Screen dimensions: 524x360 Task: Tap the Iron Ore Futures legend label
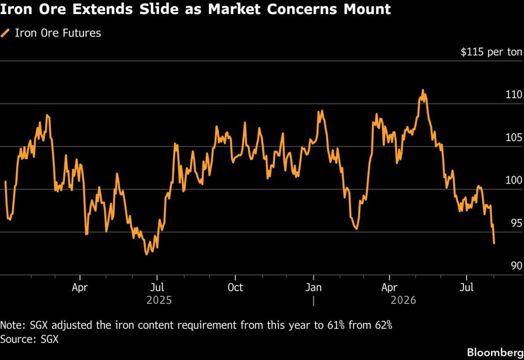(x=58, y=33)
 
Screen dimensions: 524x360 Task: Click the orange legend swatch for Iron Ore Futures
(x=5, y=33)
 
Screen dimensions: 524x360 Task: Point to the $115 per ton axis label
(x=491, y=52)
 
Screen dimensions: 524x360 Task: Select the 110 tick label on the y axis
(x=514, y=94)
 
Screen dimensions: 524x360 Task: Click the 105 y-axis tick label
(x=514, y=137)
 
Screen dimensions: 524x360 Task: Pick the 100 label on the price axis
(x=514, y=180)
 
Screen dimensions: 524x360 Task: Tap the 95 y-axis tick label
(x=517, y=223)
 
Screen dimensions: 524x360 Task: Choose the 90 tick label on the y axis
(x=517, y=266)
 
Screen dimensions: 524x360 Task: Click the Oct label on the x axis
(x=235, y=288)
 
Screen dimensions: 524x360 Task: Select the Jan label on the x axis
(x=313, y=288)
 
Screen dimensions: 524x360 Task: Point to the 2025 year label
(x=159, y=300)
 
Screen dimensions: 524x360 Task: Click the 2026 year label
(x=403, y=300)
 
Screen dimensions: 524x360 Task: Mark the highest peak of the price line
(x=423, y=90)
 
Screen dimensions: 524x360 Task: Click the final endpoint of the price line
(x=494, y=243)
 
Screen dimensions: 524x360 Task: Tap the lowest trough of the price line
(x=147, y=254)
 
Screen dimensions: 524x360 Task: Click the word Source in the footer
(x=18, y=339)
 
